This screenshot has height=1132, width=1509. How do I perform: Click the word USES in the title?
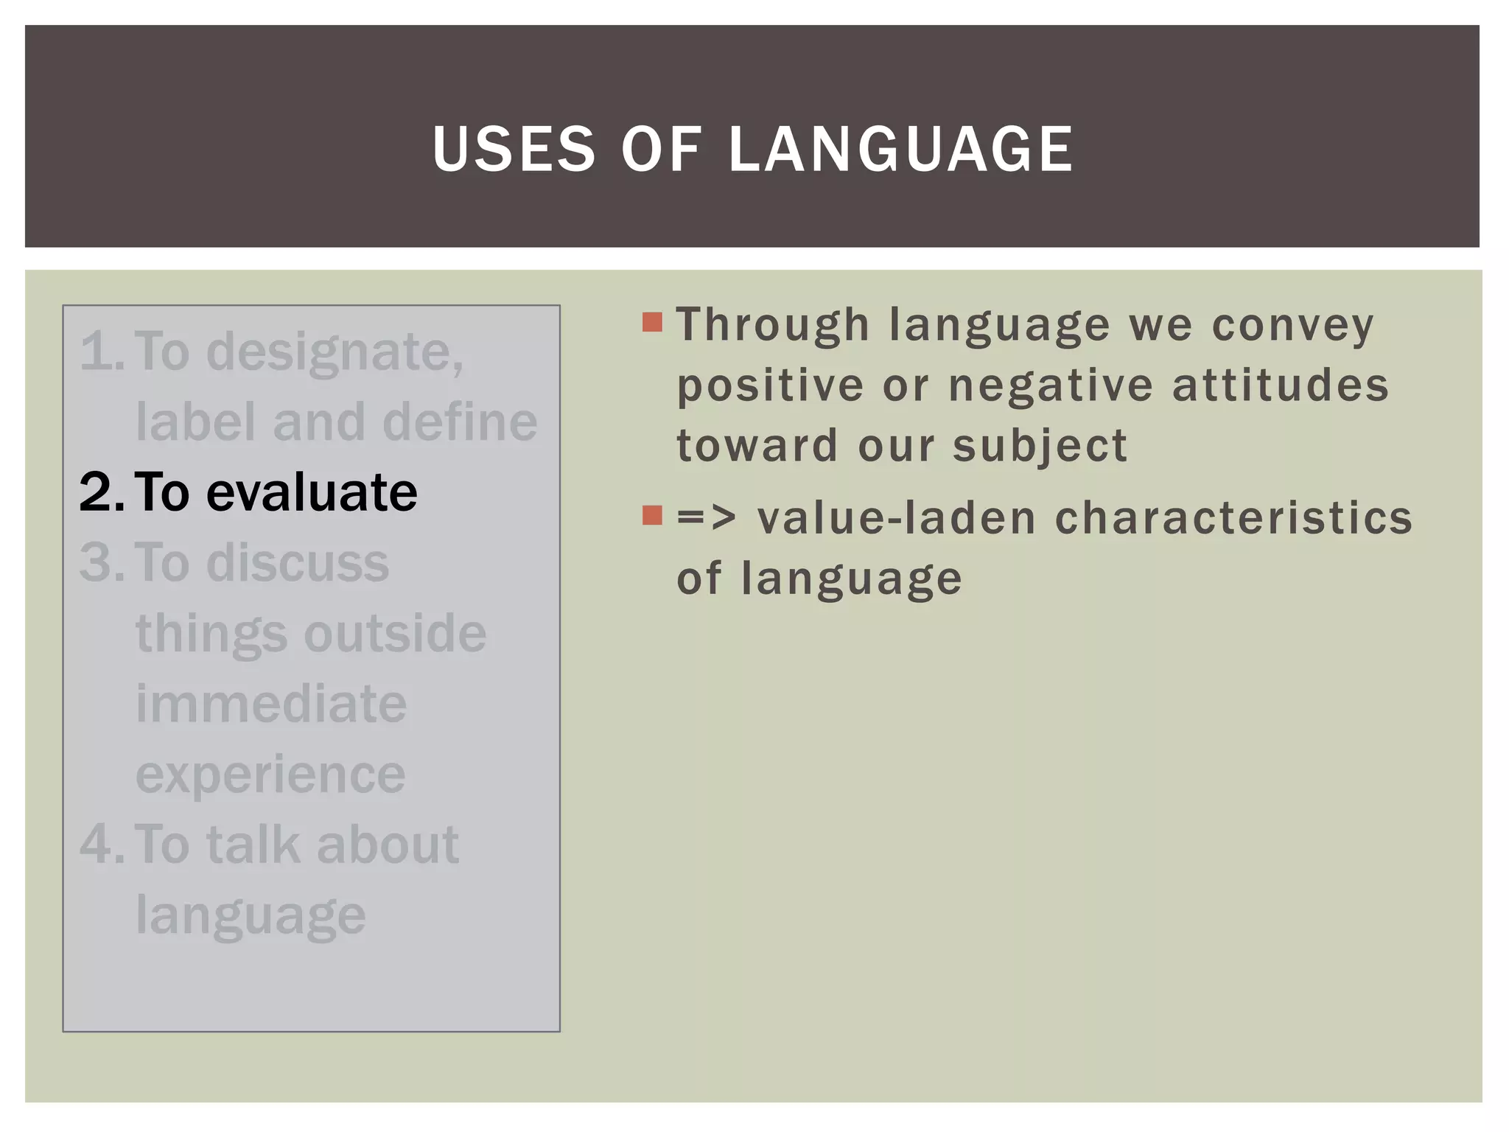[514, 150]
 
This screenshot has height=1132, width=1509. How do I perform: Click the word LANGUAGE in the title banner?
[900, 150]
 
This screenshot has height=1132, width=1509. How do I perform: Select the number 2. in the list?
[102, 492]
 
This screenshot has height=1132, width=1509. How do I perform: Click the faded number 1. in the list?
[102, 352]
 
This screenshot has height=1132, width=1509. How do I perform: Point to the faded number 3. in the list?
[102, 563]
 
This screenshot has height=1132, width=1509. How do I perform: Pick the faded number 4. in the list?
[102, 845]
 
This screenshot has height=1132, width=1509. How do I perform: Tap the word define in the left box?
[460, 423]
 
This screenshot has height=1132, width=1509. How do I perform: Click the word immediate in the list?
[270, 705]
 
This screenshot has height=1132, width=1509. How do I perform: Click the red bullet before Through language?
[652, 323]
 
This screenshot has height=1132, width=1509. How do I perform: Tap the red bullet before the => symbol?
[652, 515]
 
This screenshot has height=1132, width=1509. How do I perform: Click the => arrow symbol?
[706, 517]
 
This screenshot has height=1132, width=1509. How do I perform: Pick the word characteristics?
[1233, 517]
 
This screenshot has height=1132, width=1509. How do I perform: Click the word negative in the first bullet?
[1051, 385]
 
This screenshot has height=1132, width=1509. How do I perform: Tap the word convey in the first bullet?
[1292, 326]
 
